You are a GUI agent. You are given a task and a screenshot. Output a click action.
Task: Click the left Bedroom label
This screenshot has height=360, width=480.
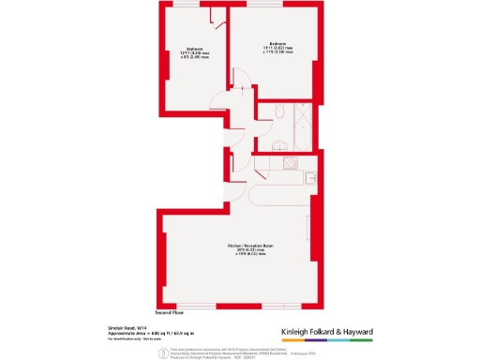(195, 49)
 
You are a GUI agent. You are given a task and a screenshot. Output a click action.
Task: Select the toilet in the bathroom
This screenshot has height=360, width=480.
(280, 113)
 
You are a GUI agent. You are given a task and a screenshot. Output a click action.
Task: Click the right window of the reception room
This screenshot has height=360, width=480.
(277, 306)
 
